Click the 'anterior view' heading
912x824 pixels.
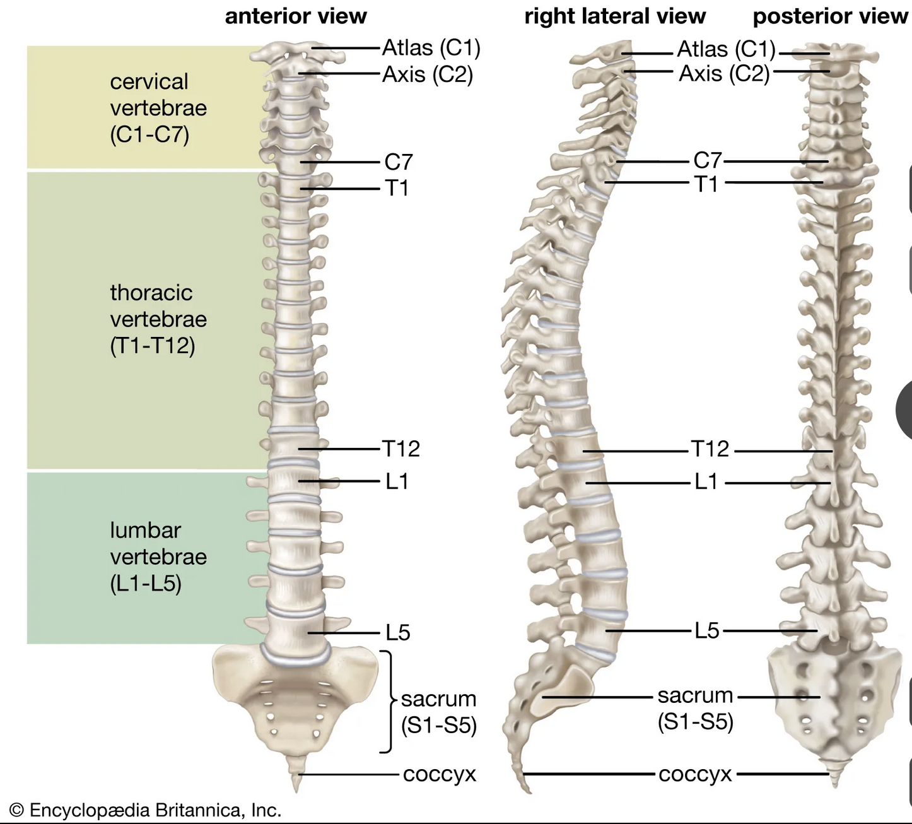[296, 16]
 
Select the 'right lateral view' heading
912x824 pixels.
[615, 16]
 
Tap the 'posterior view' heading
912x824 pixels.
[830, 16]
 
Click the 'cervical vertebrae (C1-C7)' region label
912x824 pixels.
[158, 109]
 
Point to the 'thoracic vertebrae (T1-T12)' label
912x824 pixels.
[158, 319]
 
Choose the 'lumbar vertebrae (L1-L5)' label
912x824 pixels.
[158, 556]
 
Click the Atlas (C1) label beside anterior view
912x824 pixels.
[431, 48]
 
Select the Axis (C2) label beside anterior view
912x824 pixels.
[428, 74]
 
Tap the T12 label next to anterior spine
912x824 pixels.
[400, 449]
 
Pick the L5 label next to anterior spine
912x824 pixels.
[398, 632]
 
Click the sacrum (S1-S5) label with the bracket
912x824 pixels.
[439, 712]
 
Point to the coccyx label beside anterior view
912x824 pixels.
[439, 774]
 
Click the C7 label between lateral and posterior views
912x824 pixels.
[708, 161]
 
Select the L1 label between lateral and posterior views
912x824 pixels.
[706, 481]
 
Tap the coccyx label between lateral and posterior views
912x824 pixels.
[695, 774]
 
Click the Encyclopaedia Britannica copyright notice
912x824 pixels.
[146, 810]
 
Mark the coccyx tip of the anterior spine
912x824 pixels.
[296, 792]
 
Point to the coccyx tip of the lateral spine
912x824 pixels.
[529, 792]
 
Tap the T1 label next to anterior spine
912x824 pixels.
[397, 188]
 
